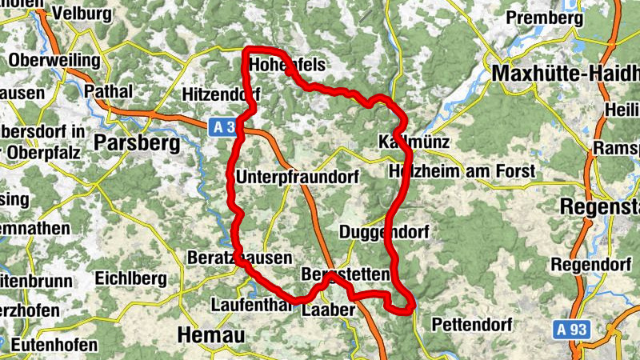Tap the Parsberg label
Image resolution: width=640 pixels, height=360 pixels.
click(x=133, y=142)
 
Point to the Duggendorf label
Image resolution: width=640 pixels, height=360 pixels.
click(x=384, y=233)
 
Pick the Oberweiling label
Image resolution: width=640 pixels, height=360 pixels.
click(x=54, y=61)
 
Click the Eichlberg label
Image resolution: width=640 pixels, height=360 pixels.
click(x=130, y=278)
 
